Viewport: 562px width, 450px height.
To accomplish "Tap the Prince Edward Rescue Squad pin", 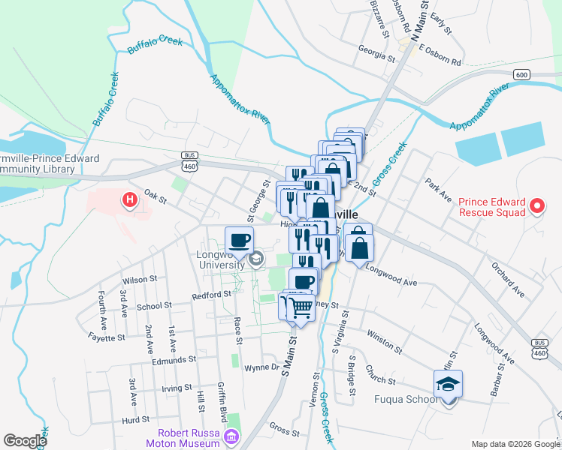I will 537,205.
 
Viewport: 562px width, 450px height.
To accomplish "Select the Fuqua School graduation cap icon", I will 448,385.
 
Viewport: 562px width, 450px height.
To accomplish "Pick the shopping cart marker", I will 300,307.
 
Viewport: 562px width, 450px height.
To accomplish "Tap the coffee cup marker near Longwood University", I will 240,241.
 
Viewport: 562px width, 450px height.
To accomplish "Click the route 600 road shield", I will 522,74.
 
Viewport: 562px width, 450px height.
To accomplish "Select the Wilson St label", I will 139,279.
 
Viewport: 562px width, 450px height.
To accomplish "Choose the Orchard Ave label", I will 506,278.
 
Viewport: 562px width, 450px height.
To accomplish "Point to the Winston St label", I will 385,343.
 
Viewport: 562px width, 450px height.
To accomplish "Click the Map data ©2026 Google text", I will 515,444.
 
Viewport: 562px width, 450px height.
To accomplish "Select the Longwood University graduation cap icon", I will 256,259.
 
